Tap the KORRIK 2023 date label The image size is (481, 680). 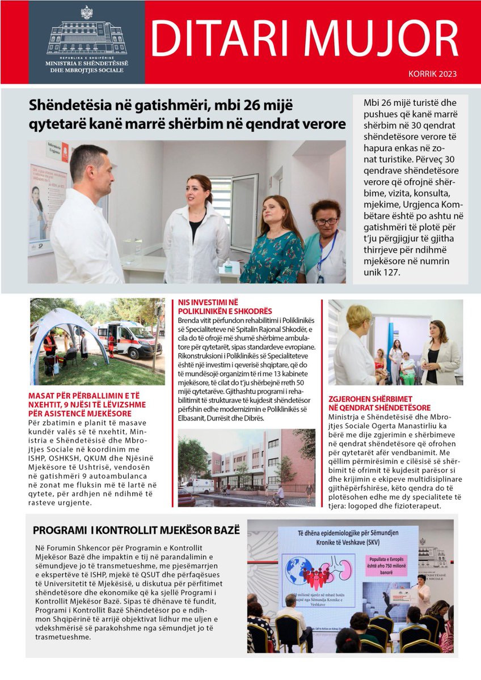tap(432, 74)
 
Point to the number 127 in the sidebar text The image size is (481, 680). tap(389, 273)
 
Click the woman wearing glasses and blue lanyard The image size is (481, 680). tap(324, 244)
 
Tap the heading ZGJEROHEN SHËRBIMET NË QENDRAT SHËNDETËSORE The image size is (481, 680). tap(378, 403)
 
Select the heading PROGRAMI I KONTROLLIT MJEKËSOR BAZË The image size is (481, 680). tap(136, 530)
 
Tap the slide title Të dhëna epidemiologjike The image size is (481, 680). tap(348, 538)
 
